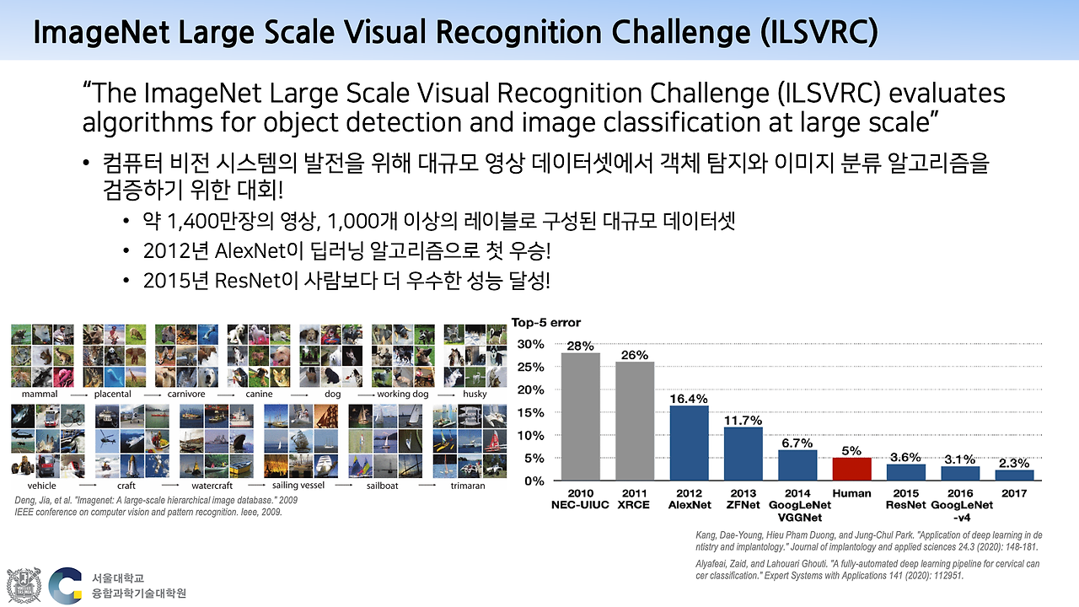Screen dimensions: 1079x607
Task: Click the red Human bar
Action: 851,469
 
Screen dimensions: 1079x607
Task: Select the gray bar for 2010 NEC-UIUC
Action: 581,416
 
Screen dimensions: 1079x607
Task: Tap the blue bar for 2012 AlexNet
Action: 689,443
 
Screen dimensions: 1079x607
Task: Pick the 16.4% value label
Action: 689,399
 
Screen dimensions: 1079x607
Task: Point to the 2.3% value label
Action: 1014,463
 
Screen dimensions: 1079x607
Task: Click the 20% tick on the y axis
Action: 531,389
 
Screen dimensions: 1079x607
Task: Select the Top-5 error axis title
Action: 545,322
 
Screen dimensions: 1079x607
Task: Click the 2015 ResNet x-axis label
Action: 905,499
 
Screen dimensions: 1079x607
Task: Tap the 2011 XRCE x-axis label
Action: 634,499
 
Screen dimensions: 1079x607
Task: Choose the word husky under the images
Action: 475,394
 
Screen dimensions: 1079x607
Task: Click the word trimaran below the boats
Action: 468,486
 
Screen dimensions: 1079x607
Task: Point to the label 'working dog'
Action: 402,394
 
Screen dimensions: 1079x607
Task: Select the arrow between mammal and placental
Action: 79,395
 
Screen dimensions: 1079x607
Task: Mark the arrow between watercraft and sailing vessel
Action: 256,485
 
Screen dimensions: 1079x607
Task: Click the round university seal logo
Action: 24,585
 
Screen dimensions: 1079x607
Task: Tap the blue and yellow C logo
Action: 65,586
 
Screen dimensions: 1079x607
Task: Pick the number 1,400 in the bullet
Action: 191,222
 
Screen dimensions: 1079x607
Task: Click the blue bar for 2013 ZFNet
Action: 743,454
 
